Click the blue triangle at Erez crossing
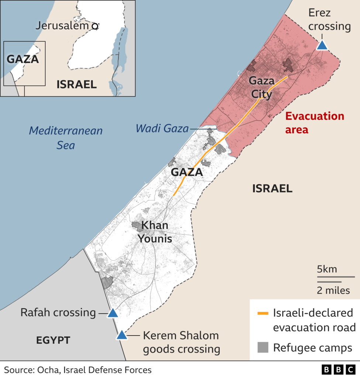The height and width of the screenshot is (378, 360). click(x=322, y=45)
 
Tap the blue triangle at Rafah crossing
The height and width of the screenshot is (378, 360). click(x=112, y=313)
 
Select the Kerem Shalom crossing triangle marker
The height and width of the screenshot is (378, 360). click(x=121, y=336)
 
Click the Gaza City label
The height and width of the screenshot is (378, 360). click(x=262, y=87)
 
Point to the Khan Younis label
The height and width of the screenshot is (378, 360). click(x=155, y=232)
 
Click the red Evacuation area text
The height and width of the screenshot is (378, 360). click(x=315, y=123)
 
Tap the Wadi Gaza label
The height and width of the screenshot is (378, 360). click(x=162, y=129)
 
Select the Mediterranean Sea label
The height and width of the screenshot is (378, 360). click(x=66, y=138)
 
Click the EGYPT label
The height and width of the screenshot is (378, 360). click(x=53, y=340)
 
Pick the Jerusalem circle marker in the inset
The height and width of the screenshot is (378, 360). click(x=95, y=26)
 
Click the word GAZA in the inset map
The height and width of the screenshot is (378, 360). click(x=23, y=59)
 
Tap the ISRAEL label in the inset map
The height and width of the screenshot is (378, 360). click(x=76, y=85)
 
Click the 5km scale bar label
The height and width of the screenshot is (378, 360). click(x=327, y=269)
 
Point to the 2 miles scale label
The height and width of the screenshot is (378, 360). click(x=333, y=291)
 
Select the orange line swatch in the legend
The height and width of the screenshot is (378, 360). click(x=263, y=314)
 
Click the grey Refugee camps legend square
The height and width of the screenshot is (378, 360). click(x=263, y=347)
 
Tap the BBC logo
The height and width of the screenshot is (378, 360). click(x=338, y=370)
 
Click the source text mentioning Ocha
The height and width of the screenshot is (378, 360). click(x=78, y=370)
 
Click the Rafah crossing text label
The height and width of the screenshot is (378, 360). click(x=58, y=313)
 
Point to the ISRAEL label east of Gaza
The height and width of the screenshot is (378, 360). click(x=272, y=189)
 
